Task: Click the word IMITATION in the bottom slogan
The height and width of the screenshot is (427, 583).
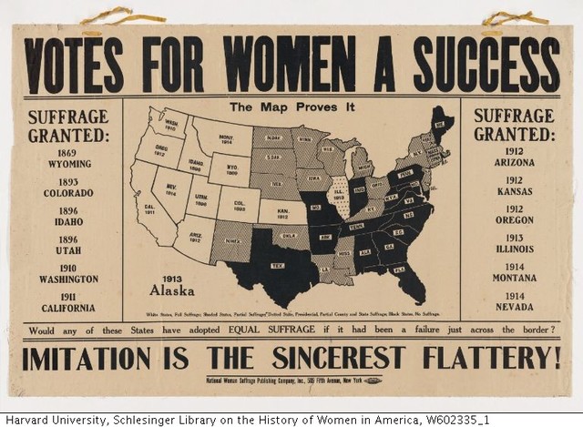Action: pos(91,357)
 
